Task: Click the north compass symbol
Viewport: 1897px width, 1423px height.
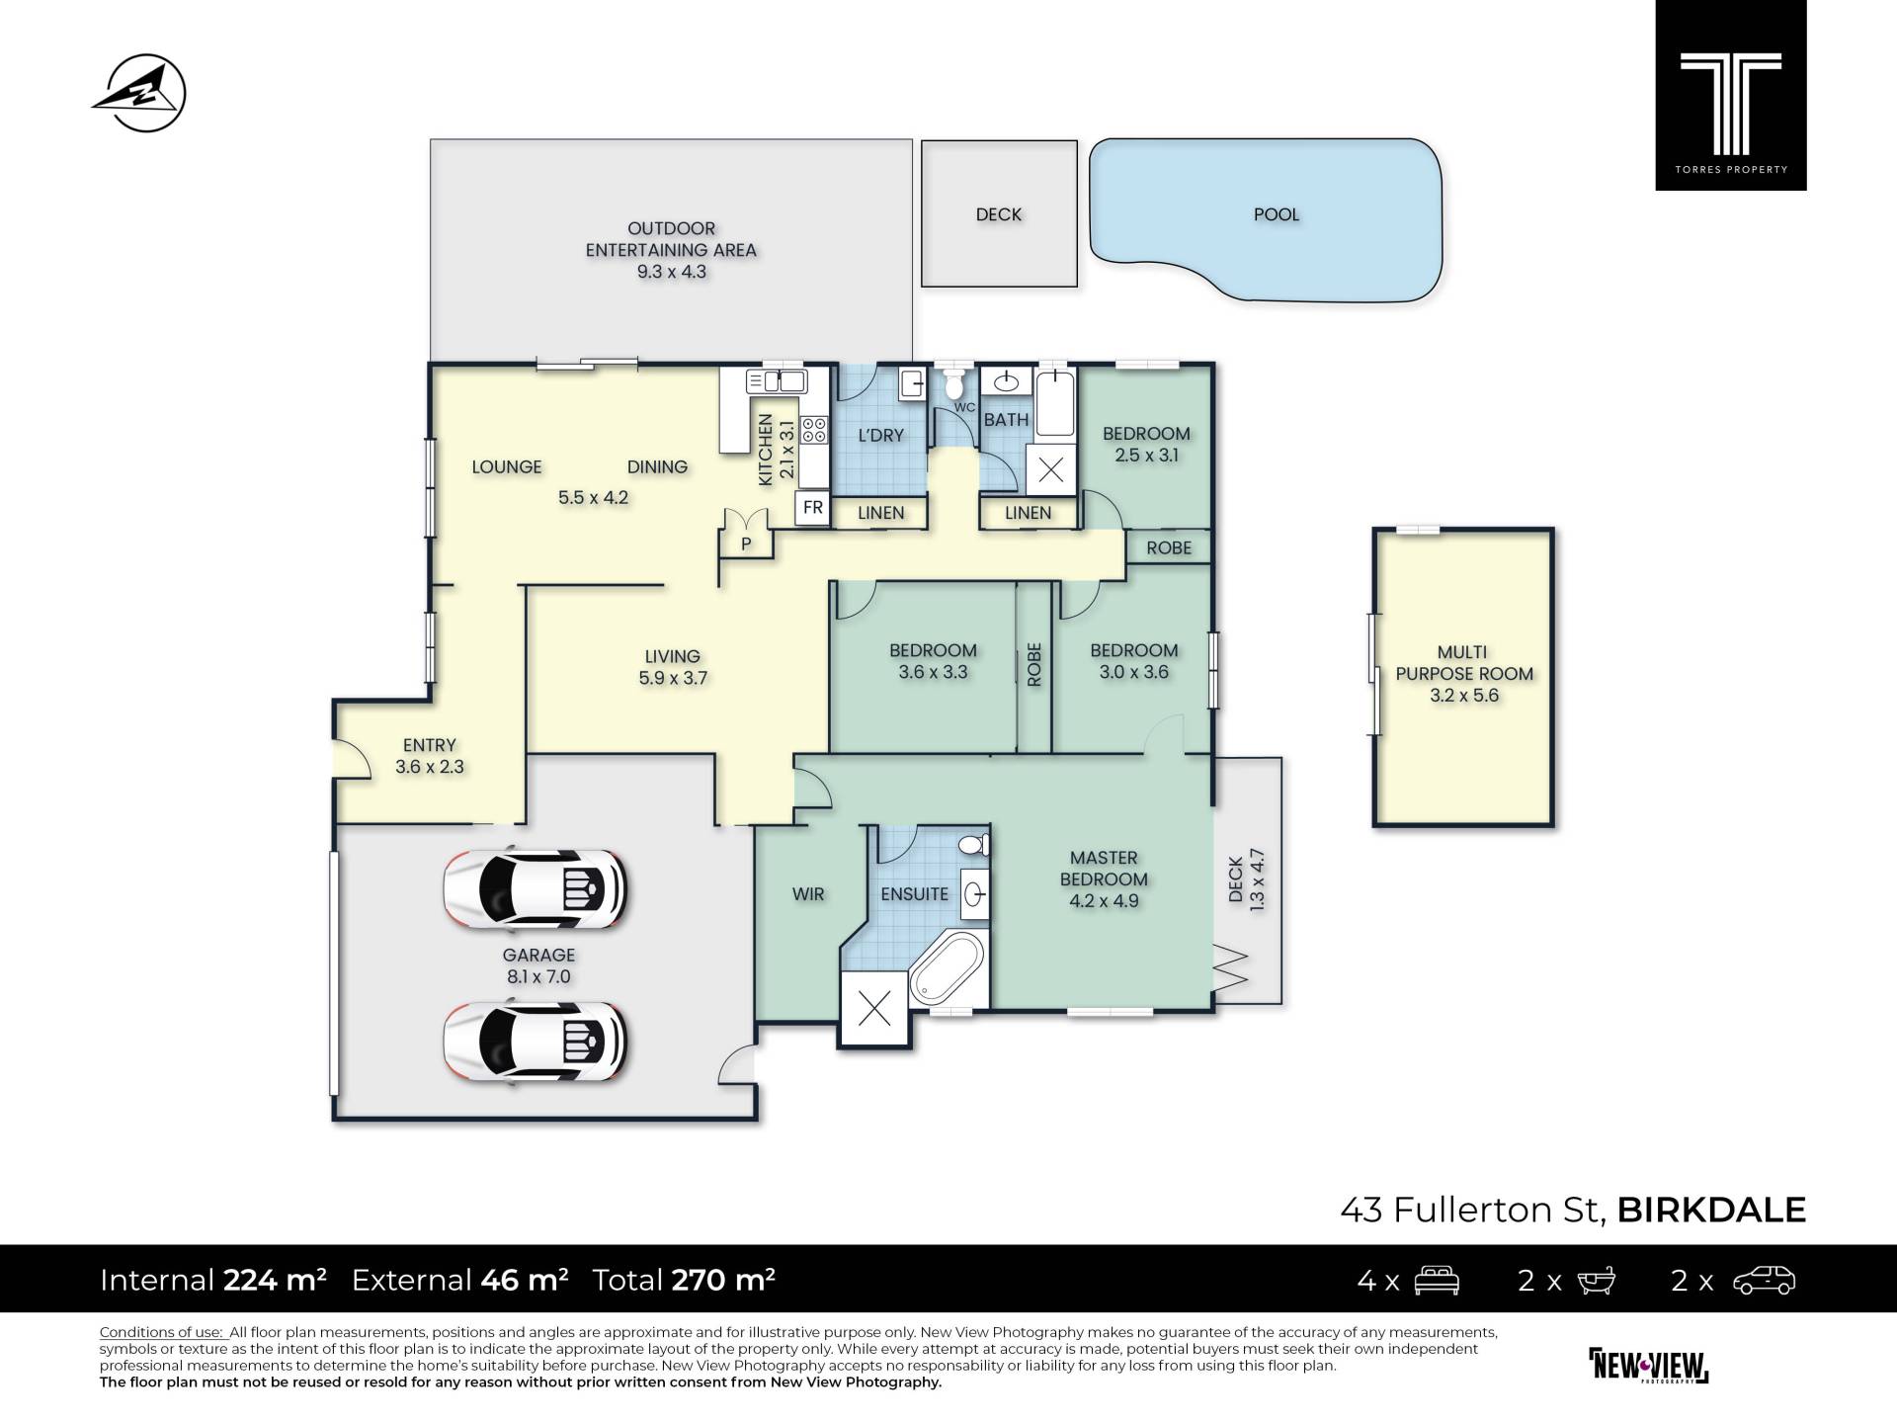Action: coord(139,93)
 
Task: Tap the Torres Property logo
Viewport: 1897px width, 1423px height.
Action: coord(1730,95)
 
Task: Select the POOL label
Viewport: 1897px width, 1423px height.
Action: coord(1276,214)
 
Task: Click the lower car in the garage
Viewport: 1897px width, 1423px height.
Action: coord(536,1044)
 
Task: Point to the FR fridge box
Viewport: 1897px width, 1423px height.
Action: coord(813,508)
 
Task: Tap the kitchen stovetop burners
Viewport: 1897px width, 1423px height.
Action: coord(815,430)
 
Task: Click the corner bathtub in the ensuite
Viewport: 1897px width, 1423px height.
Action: coord(947,968)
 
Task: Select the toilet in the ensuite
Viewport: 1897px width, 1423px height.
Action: coord(974,845)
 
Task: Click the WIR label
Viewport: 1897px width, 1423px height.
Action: coord(808,894)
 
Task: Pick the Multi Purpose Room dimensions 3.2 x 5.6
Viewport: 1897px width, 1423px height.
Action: coord(1464,696)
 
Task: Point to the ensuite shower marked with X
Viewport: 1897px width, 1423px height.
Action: coord(873,1009)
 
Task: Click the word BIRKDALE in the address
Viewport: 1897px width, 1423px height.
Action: coord(1711,1210)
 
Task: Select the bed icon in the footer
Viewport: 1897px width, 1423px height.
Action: coord(1437,1281)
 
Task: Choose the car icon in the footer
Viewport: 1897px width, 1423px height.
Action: coord(1765,1281)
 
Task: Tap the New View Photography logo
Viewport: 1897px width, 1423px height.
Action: coord(1648,1366)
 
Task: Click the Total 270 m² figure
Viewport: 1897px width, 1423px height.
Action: coord(684,1280)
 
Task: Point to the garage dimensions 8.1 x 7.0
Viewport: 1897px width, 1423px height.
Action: coord(538,977)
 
